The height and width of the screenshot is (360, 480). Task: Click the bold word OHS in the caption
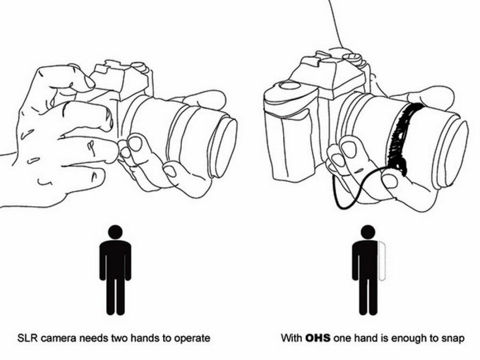[318, 338]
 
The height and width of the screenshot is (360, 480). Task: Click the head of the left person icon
[115, 232]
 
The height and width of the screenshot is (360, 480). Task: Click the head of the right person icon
[367, 232]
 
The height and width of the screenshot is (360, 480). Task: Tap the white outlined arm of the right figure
[382, 261]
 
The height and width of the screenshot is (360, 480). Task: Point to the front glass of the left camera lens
[225, 148]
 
